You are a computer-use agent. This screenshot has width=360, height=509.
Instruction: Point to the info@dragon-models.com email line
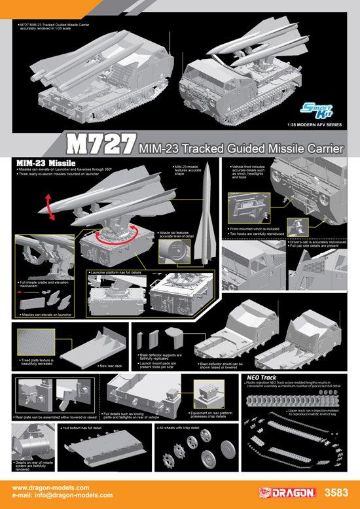pyautogui.click(x=60, y=495)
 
